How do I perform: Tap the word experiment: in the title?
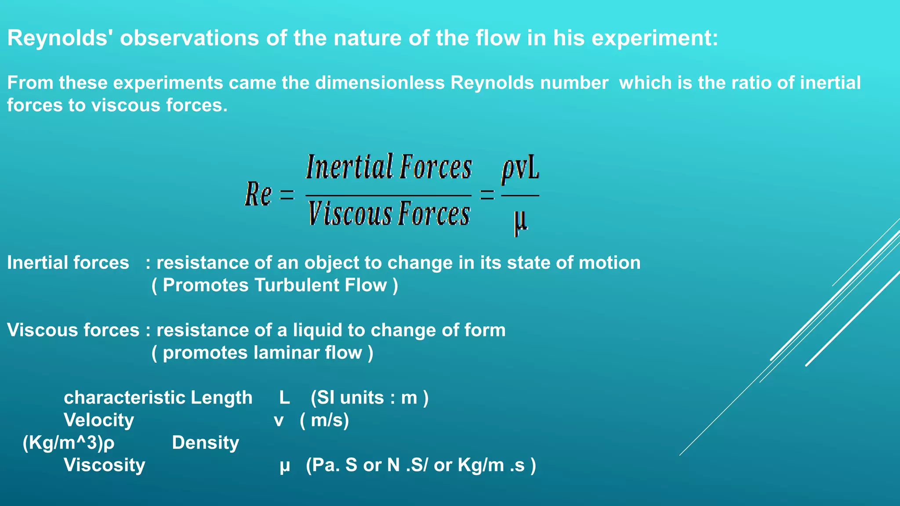point(654,38)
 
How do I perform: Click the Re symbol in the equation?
point(258,194)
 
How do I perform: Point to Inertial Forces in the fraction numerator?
point(388,167)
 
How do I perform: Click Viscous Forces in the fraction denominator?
point(388,214)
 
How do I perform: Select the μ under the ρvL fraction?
point(520,221)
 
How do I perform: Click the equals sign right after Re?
point(287,195)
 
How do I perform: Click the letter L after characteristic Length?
point(284,398)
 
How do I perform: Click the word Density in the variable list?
point(205,443)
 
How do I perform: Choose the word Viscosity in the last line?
point(104,465)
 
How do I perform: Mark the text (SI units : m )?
point(369,398)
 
